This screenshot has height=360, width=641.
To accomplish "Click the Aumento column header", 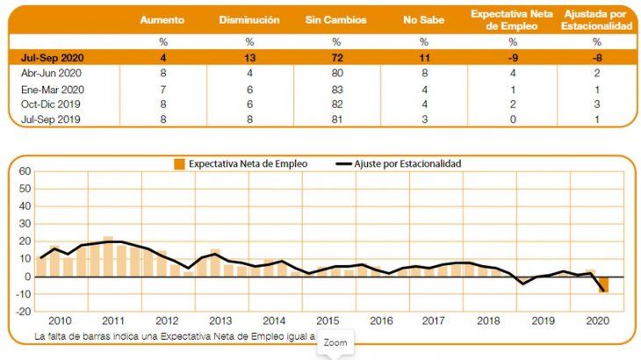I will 162,19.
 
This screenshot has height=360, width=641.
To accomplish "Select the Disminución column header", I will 248,19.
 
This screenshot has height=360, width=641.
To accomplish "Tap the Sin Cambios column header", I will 336,19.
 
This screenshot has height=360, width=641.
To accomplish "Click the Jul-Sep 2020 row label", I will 53,57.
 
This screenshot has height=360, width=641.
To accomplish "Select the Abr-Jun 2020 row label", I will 52,73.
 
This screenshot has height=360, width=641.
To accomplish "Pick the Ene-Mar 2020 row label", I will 53,89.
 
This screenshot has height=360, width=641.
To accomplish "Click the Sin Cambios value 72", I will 336,57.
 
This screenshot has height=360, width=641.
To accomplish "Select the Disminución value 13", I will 248,57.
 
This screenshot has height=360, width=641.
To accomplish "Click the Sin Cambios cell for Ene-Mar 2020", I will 336,89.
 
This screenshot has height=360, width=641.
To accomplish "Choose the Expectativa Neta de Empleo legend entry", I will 236,163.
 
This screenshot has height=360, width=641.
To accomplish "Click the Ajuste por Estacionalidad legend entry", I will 399,163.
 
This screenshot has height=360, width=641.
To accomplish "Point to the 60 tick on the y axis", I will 25,172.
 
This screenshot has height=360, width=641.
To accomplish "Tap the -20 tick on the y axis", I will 23,311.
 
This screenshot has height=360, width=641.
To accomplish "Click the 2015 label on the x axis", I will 329,322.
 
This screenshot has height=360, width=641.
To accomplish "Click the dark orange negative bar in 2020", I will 603,284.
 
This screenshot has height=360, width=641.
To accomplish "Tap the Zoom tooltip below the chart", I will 335,342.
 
